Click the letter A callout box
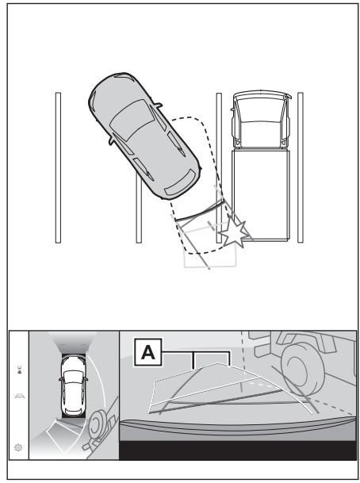[147, 352]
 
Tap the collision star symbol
[234, 233]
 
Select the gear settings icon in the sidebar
[18, 447]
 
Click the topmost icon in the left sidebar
[19, 370]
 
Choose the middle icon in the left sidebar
[19, 396]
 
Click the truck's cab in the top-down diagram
[261, 119]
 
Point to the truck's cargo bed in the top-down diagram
[261, 194]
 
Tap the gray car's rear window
[180, 182]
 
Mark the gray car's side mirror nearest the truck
[158, 105]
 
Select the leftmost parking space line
[58, 167]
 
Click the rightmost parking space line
[301, 167]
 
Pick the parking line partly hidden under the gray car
[139, 207]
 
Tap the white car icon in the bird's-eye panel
[73, 386]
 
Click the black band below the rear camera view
[237, 450]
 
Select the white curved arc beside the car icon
[101, 382]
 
